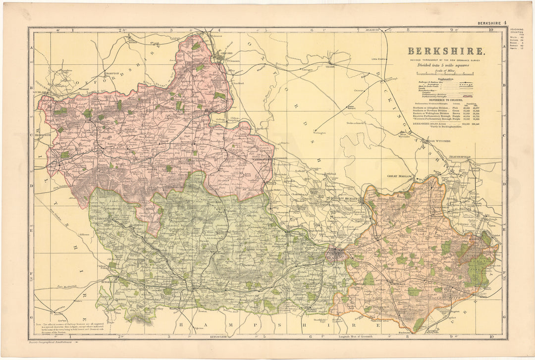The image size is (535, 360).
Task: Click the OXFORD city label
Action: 226,53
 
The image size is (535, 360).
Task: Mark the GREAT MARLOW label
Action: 400,176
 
